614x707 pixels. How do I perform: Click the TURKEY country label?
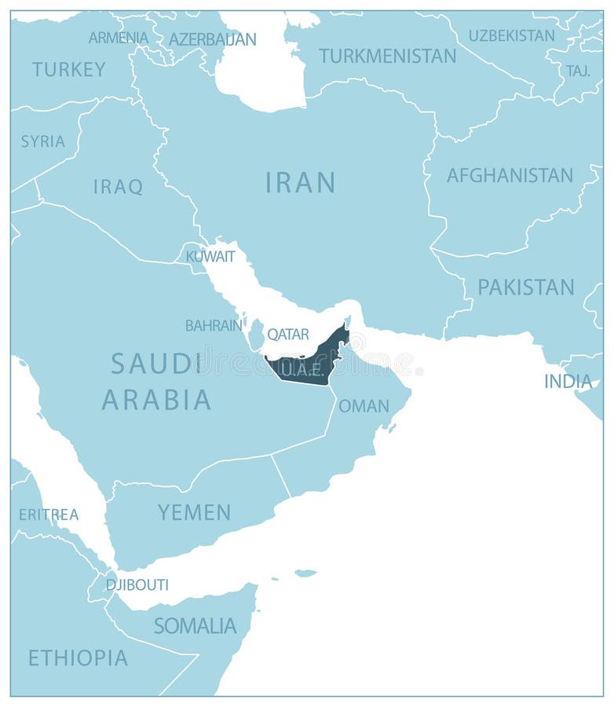click(x=68, y=69)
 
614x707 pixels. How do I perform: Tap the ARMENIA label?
click(x=118, y=37)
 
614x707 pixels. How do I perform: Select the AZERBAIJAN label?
click(x=212, y=38)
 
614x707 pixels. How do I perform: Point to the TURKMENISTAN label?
click(x=387, y=56)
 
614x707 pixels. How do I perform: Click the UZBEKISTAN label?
click(x=511, y=35)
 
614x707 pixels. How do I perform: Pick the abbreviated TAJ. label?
click(x=578, y=71)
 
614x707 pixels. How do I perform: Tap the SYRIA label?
click(x=42, y=141)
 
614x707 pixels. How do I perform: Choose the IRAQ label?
click(x=118, y=186)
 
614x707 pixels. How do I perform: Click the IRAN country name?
click(x=300, y=182)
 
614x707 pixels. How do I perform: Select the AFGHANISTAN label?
click(x=510, y=175)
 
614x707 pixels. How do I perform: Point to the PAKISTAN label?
click(x=525, y=287)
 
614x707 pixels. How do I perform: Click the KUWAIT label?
click(x=210, y=256)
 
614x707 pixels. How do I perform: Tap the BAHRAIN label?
click(x=213, y=324)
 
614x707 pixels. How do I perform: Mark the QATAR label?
click(x=287, y=334)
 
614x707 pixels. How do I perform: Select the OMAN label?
click(x=364, y=406)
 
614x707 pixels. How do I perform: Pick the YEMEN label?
click(x=194, y=512)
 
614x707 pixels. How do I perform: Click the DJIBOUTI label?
click(x=137, y=584)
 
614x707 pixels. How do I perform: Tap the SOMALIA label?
click(x=195, y=625)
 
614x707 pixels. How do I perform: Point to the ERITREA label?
click(x=49, y=515)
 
